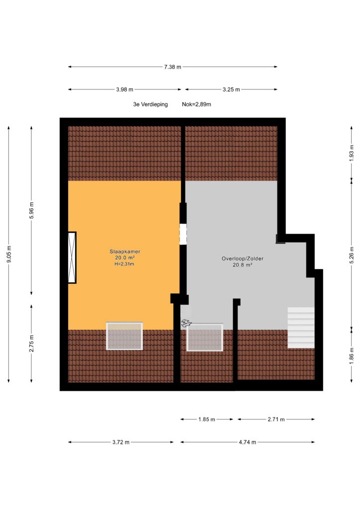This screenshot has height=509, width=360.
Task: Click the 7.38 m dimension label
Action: (173, 67)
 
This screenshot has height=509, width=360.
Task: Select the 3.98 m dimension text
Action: (125, 89)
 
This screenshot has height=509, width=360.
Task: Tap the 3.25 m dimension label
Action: (231, 89)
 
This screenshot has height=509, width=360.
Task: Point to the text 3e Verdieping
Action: (150, 104)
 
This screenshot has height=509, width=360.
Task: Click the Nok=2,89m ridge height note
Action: (196, 104)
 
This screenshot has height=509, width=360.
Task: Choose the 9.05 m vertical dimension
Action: (9, 254)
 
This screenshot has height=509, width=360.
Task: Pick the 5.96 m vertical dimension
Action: (31, 210)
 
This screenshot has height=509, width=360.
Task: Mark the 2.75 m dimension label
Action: (31, 343)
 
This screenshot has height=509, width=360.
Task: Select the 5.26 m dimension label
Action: (352, 255)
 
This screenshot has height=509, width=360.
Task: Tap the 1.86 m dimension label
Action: (352, 356)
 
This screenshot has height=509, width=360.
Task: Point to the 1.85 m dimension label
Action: (207, 420)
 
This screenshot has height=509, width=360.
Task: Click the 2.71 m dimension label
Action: (276, 420)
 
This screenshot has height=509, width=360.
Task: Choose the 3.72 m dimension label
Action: (121, 442)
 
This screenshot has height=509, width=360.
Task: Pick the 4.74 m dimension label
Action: (247, 442)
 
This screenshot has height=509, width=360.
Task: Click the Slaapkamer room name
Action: (125, 252)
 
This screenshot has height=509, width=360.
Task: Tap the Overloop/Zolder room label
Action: (243, 258)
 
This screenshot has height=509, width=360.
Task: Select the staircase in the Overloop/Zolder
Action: (301, 328)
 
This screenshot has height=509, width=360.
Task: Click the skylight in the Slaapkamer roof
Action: (124, 336)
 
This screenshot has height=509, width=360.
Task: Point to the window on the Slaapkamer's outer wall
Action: (72, 257)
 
